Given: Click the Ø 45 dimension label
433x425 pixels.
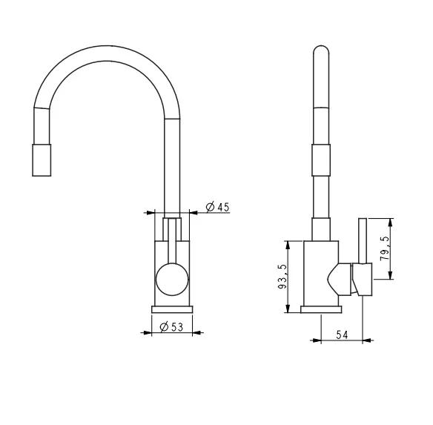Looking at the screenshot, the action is click(217, 207).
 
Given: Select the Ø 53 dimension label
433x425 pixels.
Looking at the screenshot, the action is click(171, 327).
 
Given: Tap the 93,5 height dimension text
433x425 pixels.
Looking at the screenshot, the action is click(282, 277).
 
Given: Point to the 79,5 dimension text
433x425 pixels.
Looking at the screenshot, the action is click(385, 248).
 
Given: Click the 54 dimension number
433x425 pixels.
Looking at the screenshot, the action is click(342, 335).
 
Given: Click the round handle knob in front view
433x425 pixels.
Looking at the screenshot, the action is click(172, 279).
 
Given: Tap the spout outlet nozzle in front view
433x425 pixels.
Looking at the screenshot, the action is click(42, 160).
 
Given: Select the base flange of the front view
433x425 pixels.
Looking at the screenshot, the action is click(172, 309).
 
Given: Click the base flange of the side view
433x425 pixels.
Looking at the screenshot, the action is click(321, 309).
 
